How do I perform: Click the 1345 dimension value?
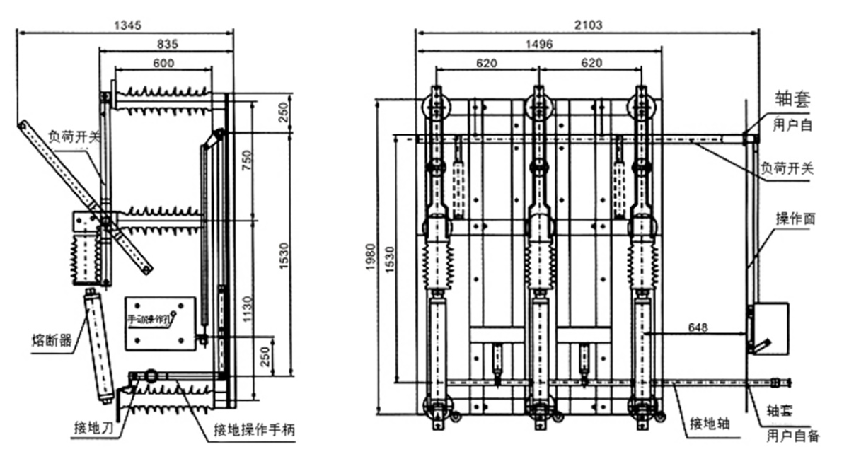coord(128,25)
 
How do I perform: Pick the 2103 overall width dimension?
coord(588,25)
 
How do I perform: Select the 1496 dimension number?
coord(539,44)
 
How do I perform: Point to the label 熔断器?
coord(52,341)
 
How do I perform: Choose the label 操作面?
coord(795,219)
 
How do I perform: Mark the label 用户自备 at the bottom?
coord(793,436)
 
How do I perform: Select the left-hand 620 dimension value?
coord(486,63)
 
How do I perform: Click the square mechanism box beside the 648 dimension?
coord(768,327)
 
